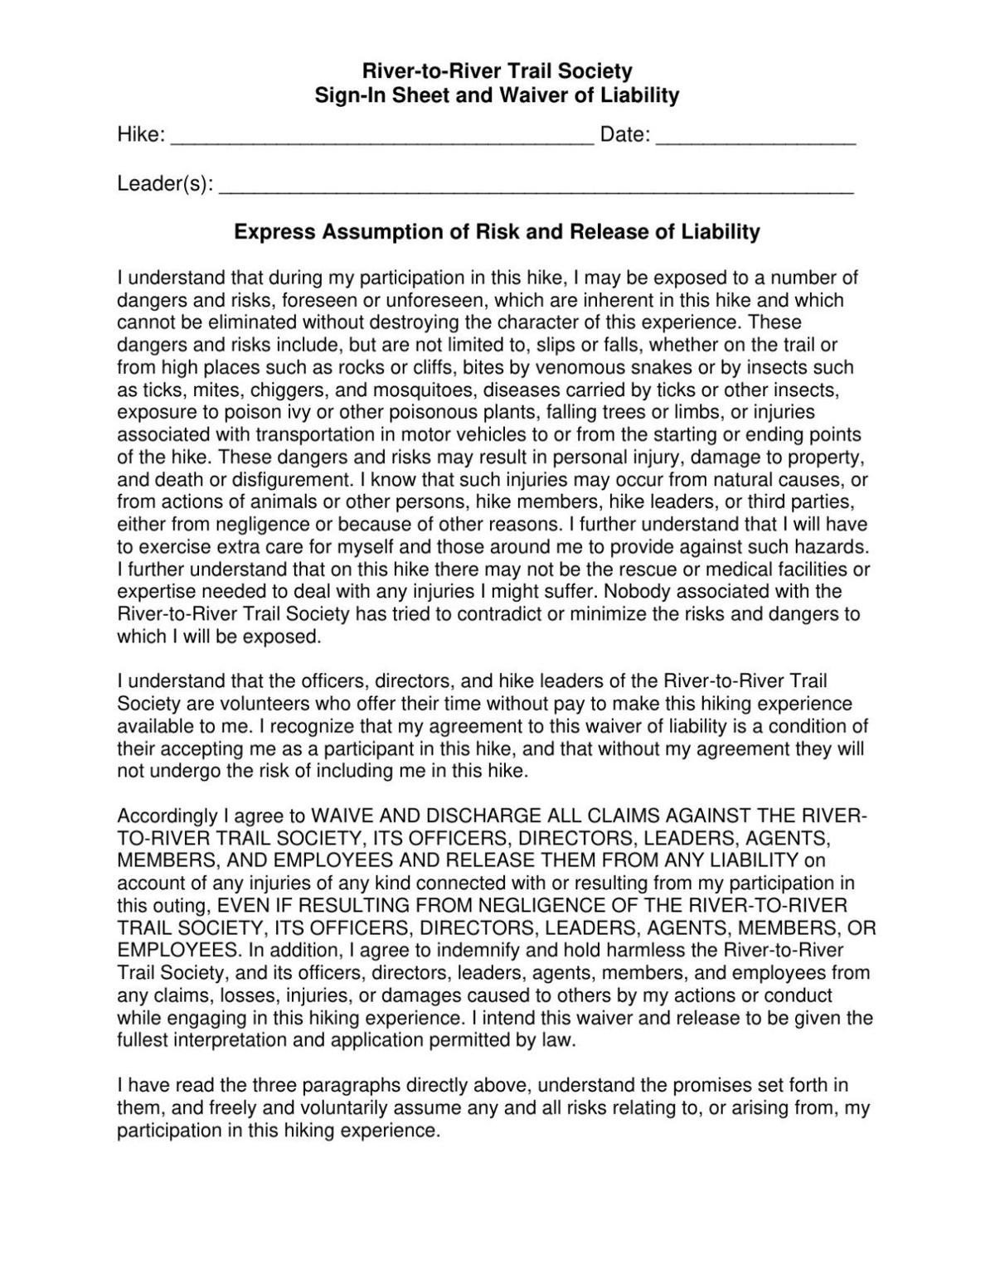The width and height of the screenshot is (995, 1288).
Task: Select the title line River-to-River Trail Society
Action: [x=497, y=71]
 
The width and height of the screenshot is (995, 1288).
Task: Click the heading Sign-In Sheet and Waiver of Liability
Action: [x=497, y=95]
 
